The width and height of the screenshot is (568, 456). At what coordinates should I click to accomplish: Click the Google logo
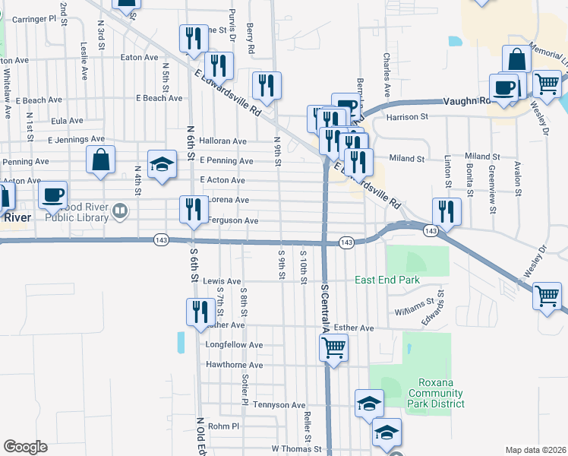25,447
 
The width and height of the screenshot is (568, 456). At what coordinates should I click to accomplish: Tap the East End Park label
387,280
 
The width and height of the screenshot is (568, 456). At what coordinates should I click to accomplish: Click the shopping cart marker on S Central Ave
333,348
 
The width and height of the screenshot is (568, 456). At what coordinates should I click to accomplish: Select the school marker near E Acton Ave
162,166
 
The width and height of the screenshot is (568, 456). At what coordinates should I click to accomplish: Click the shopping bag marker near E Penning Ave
100,160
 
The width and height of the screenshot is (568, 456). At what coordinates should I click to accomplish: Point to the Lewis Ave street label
222,281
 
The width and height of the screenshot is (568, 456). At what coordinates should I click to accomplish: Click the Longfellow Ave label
235,345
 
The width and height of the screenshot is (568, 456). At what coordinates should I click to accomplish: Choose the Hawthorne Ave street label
235,366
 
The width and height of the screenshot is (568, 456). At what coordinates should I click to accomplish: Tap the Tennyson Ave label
279,405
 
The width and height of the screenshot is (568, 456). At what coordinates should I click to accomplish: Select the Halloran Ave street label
222,141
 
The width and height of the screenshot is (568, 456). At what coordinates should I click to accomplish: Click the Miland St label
408,159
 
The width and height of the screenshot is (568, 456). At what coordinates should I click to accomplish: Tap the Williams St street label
413,312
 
